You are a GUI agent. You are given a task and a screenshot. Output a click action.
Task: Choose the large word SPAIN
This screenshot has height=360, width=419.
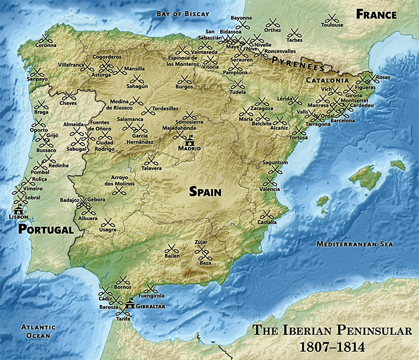[x=205, y=192]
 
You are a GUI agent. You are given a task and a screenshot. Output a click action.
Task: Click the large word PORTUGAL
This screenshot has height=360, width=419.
[x=45, y=229]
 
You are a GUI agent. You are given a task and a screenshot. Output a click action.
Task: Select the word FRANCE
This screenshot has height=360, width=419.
[x=376, y=14]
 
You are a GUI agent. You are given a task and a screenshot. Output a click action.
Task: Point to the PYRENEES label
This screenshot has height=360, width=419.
[x=293, y=62]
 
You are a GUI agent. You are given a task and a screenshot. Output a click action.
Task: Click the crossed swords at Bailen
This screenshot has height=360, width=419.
[x=171, y=249]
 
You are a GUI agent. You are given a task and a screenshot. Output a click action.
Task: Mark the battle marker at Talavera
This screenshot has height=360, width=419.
[x=151, y=161]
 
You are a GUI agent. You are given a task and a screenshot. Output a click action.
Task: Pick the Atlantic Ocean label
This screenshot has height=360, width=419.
[x=38, y=331]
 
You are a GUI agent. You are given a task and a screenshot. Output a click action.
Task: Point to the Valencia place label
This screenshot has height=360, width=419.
[x=270, y=189]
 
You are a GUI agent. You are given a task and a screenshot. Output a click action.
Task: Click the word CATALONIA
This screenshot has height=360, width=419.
[x=327, y=80]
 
